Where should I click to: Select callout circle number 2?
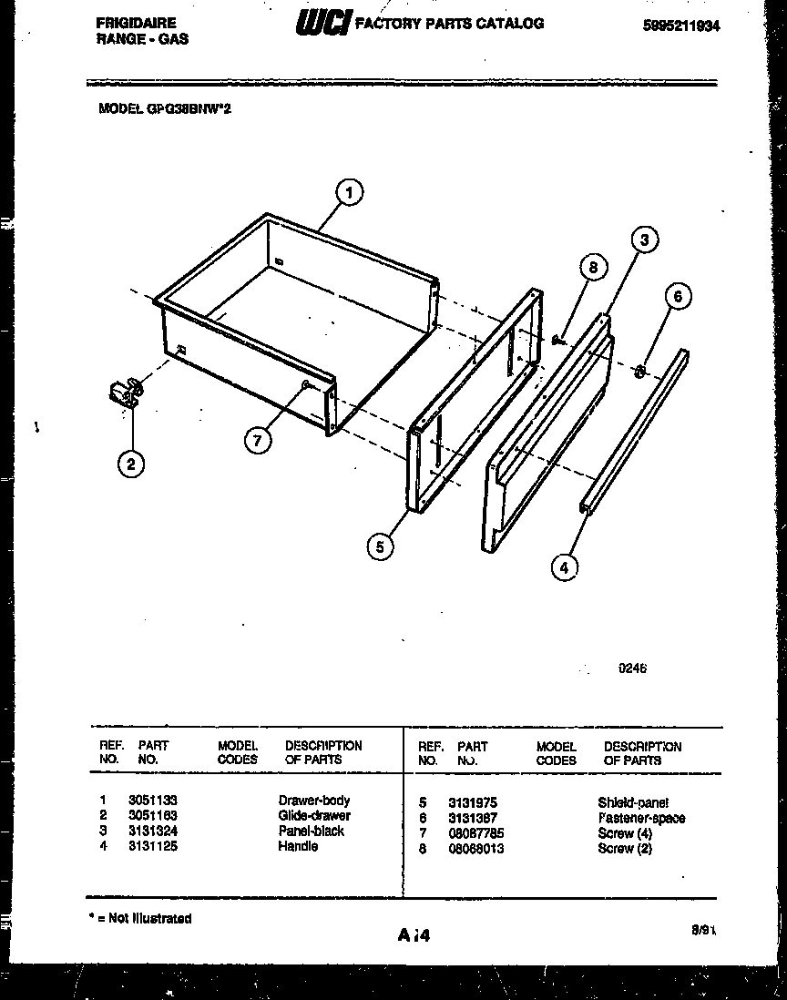[x=131, y=464]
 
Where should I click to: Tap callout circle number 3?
[x=644, y=240]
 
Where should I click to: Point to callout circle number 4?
[x=565, y=566]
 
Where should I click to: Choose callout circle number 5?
[x=380, y=546]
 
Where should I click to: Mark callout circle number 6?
[x=677, y=296]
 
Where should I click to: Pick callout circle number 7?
[x=258, y=440]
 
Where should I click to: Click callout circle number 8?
[x=593, y=268]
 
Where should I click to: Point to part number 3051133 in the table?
[x=152, y=801]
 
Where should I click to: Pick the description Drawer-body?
[x=313, y=801]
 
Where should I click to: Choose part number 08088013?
[x=475, y=849]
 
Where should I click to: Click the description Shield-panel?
[x=632, y=802]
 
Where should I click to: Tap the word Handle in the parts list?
[x=298, y=846]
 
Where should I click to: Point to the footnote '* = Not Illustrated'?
[x=140, y=918]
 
